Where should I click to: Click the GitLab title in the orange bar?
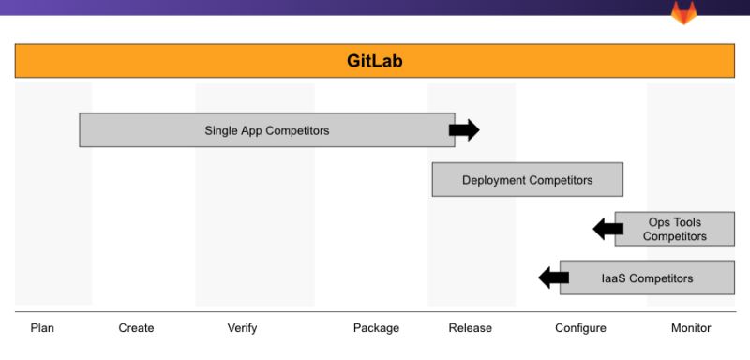click(375, 61)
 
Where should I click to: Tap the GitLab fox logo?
click(683, 13)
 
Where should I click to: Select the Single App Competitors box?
click(267, 130)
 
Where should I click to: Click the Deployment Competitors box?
click(527, 179)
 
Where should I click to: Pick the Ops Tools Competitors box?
click(675, 229)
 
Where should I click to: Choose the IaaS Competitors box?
click(647, 277)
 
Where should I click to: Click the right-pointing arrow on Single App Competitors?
click(464, 130)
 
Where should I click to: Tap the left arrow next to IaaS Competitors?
click(553, 277)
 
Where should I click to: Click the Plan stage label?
click(42, 328)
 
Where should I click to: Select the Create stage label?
click(136, 328)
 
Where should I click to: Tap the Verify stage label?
click(242, 328)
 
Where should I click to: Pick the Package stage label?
click(376, 328)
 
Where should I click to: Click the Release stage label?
click(470, 328)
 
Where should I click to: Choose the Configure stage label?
click(580, 328)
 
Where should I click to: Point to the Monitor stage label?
click(691, 328)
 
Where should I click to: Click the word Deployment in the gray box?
click(493, 179)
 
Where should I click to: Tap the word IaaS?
click(614, 277)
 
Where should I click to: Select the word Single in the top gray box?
click(221, 130)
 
